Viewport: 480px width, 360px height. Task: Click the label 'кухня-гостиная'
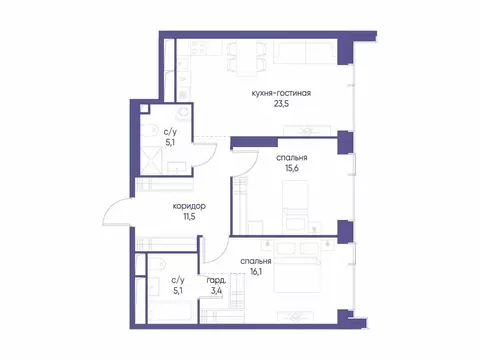[283, 94]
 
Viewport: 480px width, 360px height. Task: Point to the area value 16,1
[257, 271]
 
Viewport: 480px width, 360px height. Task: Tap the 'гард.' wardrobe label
[215, 281]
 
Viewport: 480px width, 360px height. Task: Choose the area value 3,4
[216, 293]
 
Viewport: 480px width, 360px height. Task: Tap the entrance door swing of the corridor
[117, 213]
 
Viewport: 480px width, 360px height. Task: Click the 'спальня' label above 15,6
[292, 158]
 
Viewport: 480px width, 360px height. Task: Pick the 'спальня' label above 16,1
[257, 258]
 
